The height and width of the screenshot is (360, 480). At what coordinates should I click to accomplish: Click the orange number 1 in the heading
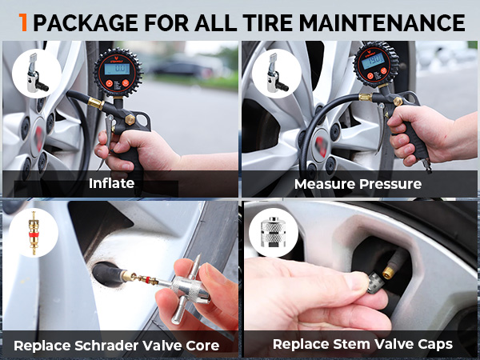[x=24, y=22]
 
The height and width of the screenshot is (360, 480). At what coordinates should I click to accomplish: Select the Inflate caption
[x=112, y=184]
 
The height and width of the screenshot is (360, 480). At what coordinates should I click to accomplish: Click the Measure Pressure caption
[x=358, y=184]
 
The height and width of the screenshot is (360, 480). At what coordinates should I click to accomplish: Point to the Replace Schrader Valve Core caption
[x=116, y=346]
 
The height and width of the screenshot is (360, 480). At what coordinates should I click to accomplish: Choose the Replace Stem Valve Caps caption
[x=362, y=345]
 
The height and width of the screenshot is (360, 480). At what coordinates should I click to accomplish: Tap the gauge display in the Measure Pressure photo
[x=371, y=61]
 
